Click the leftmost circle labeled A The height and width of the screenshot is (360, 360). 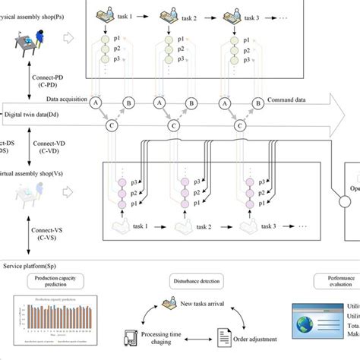click(x=96, y=102)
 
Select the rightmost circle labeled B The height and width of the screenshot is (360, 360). click(x=261, y=102)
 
